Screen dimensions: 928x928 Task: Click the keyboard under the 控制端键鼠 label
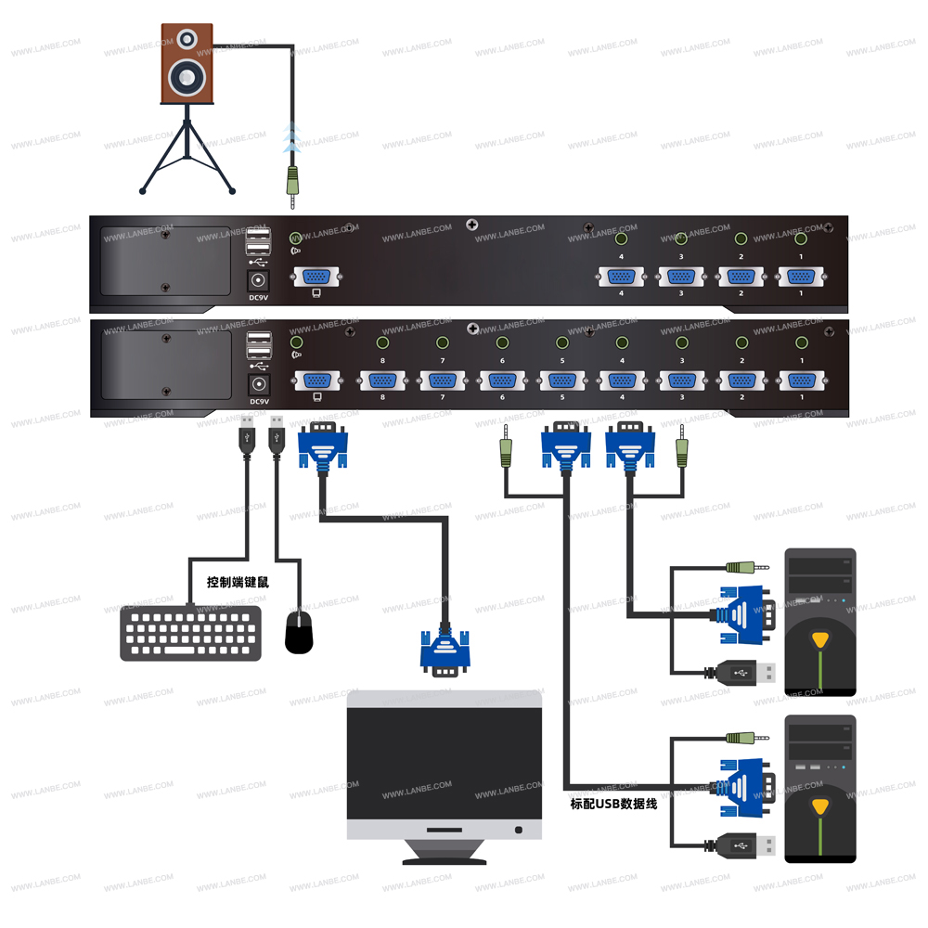(x=190, y=633)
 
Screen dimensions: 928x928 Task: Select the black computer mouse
(x=299, y=632)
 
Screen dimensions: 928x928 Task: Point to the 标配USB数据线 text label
(x=613, y=804)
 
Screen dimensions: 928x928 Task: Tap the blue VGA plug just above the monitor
(x=445, y=651)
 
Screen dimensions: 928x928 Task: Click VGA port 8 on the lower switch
(x=381, y=380)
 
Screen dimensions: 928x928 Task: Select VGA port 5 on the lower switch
(x=561, y=380)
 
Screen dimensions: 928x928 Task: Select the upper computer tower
(x=819, y=622)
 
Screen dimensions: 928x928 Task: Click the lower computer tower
(x=819, y=789)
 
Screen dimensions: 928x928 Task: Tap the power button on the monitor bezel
(x=518, y=829)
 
